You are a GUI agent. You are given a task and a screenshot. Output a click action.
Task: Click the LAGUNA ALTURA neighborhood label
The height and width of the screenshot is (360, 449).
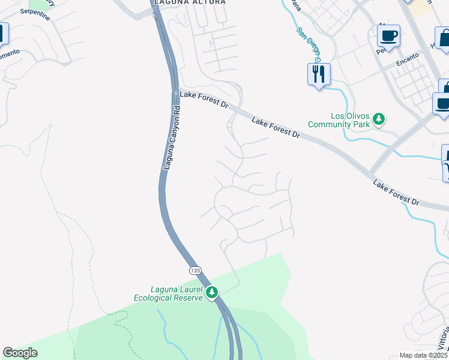[190, 2]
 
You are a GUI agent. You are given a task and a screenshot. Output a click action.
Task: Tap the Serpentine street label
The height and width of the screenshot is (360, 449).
[35, 14]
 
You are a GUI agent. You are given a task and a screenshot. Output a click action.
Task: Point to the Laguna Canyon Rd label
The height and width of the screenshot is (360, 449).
[170, 137]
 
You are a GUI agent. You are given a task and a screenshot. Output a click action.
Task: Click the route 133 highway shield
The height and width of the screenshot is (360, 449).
[195, 271]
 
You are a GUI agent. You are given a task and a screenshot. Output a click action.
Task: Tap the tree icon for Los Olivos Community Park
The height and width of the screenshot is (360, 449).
[379, 119]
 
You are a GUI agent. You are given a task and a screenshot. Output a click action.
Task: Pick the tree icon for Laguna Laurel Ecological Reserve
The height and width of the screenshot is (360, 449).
[211, 293]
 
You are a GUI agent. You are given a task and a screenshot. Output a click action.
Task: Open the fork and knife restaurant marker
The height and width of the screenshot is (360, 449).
[318, 74]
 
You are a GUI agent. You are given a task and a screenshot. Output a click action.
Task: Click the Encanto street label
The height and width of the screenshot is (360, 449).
[406, 62]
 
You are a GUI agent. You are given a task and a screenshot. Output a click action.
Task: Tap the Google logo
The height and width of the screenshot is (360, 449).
[20, 353]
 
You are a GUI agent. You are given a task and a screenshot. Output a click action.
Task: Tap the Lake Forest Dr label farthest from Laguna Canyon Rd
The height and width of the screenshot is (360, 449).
[396, 191]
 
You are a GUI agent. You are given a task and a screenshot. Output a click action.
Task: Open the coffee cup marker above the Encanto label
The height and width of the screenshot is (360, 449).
[389, 36]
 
